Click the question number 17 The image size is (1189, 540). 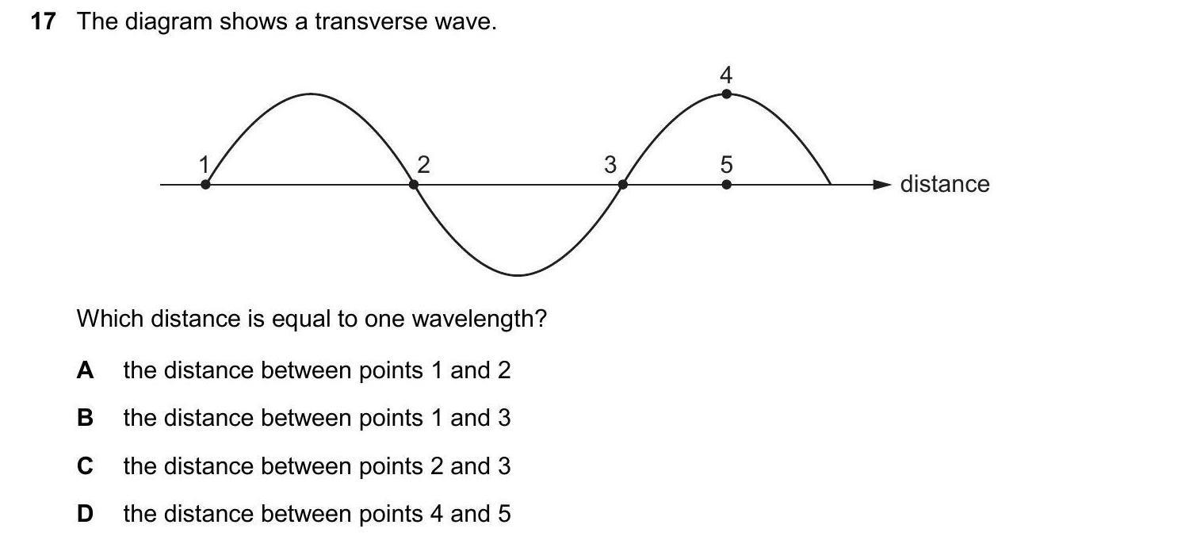(43, 22)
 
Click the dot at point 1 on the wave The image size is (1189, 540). (205, 185)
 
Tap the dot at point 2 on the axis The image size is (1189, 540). (414, 185)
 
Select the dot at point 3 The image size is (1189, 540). (623, 185)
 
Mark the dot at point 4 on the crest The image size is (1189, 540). (727, 94)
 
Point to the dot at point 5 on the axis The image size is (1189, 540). (727, 185)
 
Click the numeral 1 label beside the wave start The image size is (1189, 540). (203, 164)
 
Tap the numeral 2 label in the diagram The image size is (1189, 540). (423, 165)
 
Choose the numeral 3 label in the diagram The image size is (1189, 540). (610, 165)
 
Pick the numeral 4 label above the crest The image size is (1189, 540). (727, 75)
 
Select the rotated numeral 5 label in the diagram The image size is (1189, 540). (727, 165)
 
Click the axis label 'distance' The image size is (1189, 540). (945, 185)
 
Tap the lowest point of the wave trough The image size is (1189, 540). (518, 275)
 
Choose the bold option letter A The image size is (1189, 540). (86, 370)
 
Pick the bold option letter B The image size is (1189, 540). (86, 418)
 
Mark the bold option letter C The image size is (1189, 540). (86, 466)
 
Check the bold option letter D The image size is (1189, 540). (86, 514)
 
